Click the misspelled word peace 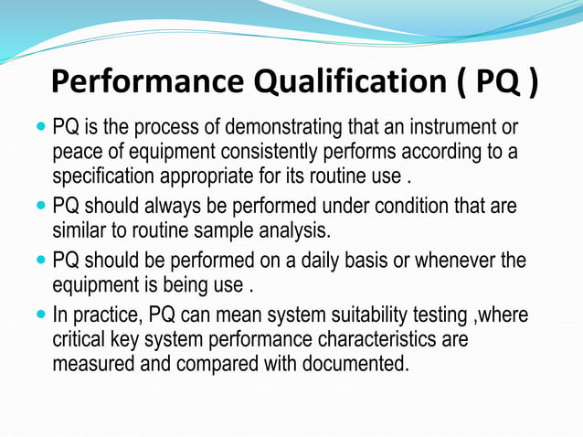pyautogui.click(x=77, y=150)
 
